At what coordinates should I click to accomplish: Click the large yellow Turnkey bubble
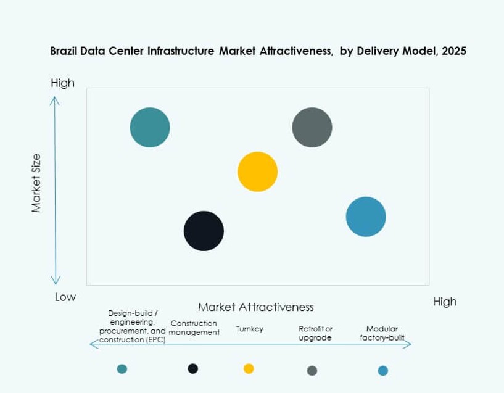258,172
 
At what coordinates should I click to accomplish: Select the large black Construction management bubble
204,231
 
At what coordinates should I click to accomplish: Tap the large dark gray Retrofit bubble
312,128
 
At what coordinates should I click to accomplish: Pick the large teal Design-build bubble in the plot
150,128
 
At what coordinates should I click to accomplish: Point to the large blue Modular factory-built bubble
366,217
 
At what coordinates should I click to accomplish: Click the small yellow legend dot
249,368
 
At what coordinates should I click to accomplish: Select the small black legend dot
193,368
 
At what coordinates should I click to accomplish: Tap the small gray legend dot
312,370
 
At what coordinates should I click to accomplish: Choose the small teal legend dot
122,369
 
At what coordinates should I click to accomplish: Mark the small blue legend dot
383,370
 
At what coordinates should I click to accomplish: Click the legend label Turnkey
250,329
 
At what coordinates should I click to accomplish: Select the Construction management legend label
194,328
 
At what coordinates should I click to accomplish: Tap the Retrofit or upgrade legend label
315,333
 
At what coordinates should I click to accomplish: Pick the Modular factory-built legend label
382,333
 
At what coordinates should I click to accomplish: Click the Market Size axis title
36,183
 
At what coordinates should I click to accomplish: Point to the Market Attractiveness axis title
256,307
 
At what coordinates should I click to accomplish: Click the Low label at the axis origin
65,297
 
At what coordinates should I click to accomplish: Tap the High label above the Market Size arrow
63,83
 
